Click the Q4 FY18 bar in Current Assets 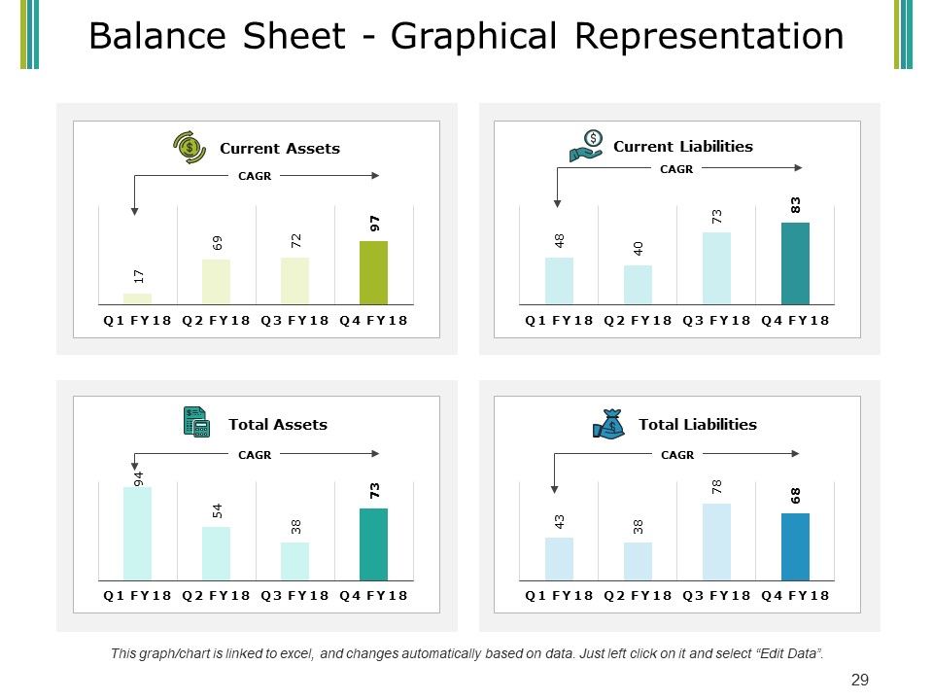click(373, 272)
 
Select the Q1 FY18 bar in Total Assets click(137, 534)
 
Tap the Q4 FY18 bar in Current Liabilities click(796, 263)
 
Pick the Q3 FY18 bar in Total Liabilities click(716, 542)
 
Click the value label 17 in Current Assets click(139, 276)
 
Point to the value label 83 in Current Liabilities click(796, 205)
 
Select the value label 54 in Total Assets click(217, 510)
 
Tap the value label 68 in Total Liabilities click(796, 496)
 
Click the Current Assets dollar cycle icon click(190, 147)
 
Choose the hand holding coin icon click(586, 146)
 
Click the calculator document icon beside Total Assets click(196, 422)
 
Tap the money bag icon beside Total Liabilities click(608, 424)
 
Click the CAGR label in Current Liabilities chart click(676, 169)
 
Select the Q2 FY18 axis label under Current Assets click(216, 320)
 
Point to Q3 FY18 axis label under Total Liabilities click(716, 595)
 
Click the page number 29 click(860, 680)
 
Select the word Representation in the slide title click(709, 36)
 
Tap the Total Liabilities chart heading click(698, 425)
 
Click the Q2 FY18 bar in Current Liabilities click(638, 285)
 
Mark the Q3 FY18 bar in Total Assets click(295, 561)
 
